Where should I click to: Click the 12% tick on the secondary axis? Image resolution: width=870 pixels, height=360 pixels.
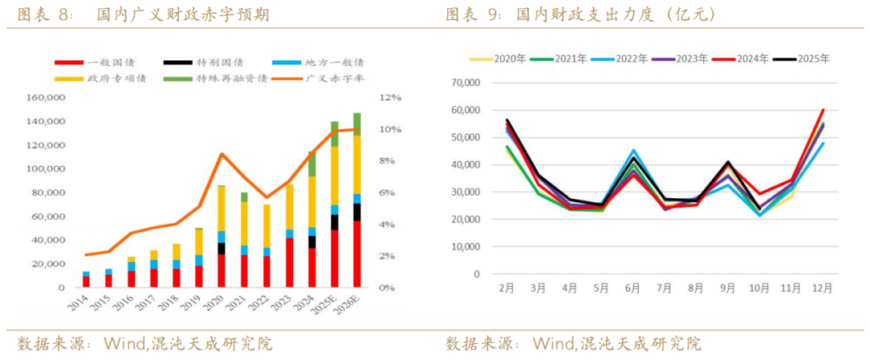click(x=390, y=97)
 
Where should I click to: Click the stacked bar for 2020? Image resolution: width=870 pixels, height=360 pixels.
click(x=221, y=236)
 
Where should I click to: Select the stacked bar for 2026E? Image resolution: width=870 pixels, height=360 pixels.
click(x=357, y=200)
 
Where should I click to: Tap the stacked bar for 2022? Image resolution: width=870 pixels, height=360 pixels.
click(x=266, y=246)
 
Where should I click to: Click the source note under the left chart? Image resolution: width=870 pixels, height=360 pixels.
click(x=145, y=344)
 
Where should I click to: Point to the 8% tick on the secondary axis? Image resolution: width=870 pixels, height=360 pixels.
click(x=387, y=161)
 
